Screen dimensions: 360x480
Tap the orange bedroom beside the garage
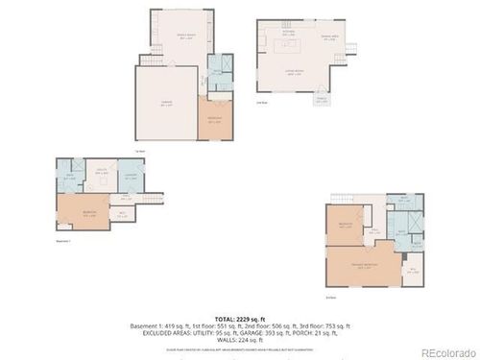coord(214,121)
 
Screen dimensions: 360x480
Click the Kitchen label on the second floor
coord(287,32)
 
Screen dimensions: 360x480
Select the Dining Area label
coord(330,37)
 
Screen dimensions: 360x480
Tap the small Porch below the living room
coord(320,102)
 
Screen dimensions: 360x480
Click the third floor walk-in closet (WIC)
coord(372,230)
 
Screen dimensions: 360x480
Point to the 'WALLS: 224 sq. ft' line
coord(240,339)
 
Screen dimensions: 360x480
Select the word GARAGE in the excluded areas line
coord(255,331)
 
